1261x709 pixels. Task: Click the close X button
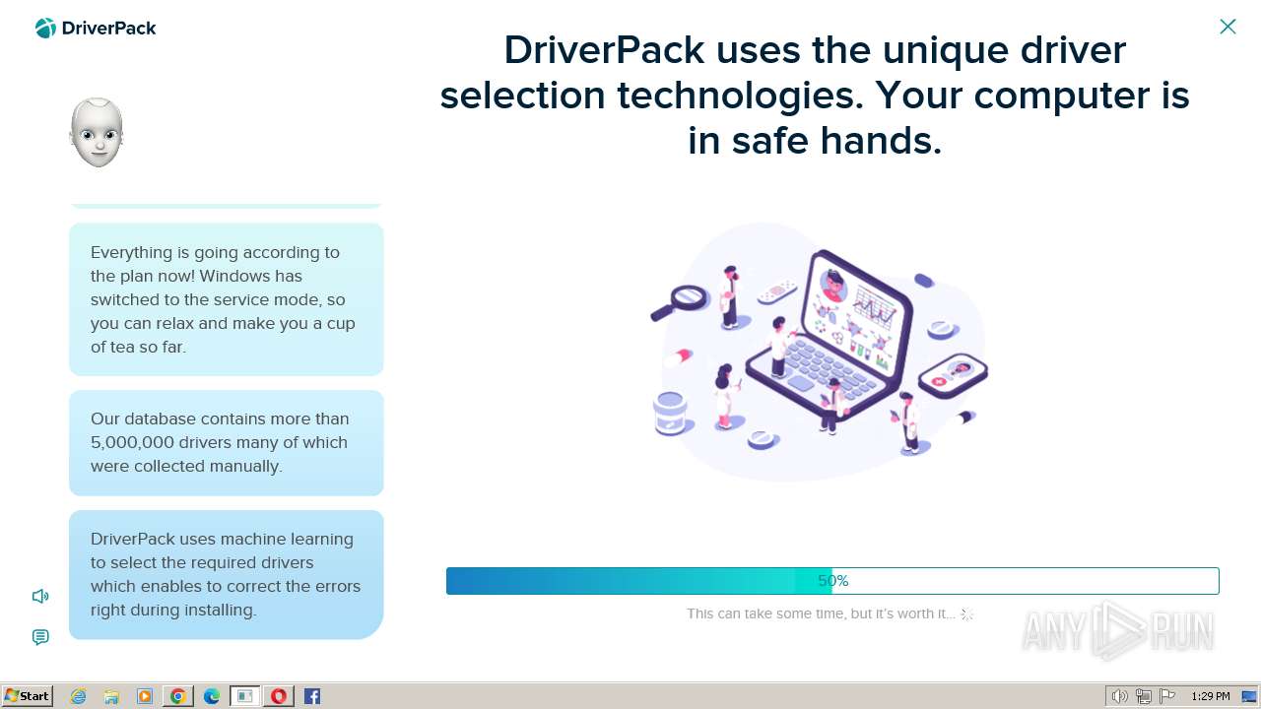(1228, 27)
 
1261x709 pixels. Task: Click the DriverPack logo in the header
(96, 29)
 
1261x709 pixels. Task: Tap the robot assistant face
(97, 133)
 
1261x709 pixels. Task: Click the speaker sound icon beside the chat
(40, 596)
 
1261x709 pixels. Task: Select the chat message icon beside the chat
(40, 637)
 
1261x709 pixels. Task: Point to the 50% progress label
(833, 581)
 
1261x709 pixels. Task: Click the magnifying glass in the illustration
(680, 302)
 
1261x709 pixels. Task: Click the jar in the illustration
(670, 414)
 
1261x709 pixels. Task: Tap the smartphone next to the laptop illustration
(953, 375)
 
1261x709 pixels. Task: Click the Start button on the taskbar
(27, 696)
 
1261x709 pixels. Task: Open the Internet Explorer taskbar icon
(78, 696)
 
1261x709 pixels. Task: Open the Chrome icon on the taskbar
(178, 696)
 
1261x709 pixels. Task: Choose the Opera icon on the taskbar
(279, 696)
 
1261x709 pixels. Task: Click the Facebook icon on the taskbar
(312, 696)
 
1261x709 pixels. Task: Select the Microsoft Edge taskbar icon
(211, 696)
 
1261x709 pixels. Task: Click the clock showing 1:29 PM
(1211, 696)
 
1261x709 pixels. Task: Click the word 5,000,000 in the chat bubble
(132, 442)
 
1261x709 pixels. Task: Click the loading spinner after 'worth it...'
(966, 614)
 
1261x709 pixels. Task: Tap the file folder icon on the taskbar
(111, 696)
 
